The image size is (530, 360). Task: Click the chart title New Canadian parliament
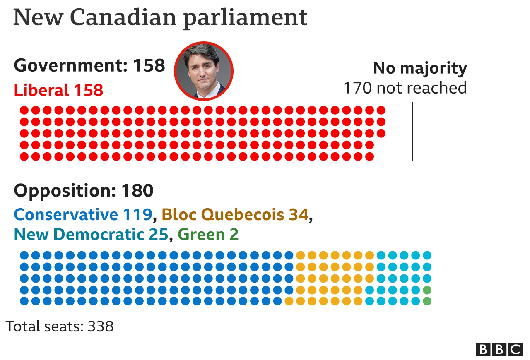tap(160, 17)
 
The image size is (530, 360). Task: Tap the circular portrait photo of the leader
tap(203, 70)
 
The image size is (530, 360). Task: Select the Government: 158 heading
tap(89, 65)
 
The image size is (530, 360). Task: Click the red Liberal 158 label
tap(58, 90)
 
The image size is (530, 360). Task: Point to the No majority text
tap(420, 68)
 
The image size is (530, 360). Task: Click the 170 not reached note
tap(405, 88)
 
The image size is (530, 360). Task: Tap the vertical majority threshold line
tap(413, 131)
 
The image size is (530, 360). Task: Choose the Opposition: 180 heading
tap(84, 191)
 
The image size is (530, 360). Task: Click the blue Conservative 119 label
tap(83, 214)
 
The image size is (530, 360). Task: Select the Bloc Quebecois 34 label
tap(235, 214)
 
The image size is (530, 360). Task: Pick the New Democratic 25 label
tap(91, 235)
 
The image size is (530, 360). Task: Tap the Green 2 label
tap(208, 235)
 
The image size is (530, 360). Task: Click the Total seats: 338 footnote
tap(60, 326)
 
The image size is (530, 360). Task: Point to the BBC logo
tap(499, 349)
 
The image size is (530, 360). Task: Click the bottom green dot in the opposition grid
tap(427, 301)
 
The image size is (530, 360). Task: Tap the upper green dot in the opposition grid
tap(427, 290)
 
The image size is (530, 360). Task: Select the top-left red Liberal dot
tap(24, 110)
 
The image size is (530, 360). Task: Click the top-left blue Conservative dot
tap(24, 255)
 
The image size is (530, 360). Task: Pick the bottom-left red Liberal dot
tap(24, 156)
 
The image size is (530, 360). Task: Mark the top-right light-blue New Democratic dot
tap(427, 255)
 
